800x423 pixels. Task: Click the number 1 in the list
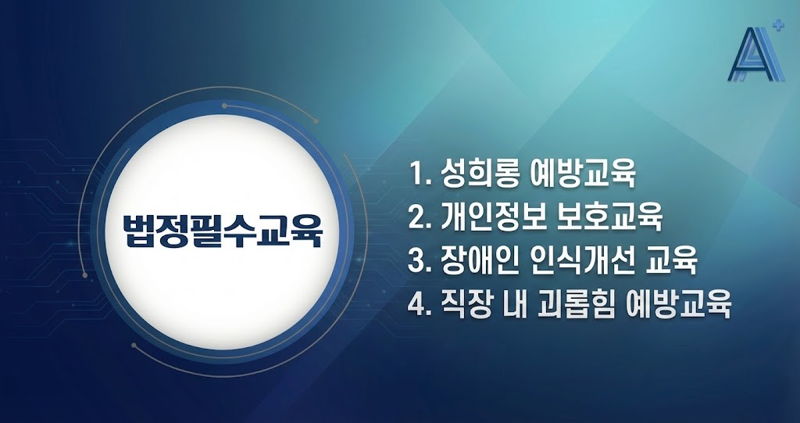[415, 174]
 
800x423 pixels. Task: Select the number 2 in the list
[416, 217]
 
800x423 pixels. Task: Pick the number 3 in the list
[416, 260]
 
